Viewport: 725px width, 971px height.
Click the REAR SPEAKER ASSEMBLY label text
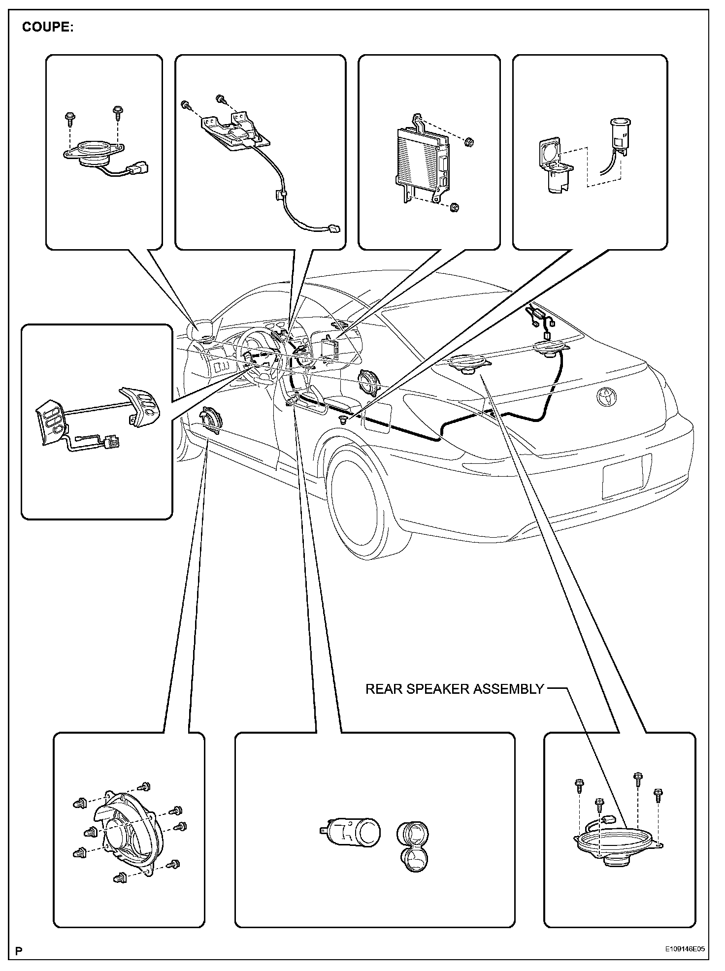point(454,689)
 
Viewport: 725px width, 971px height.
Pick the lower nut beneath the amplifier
point(455,207)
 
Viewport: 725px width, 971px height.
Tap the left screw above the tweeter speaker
point(69,118)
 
